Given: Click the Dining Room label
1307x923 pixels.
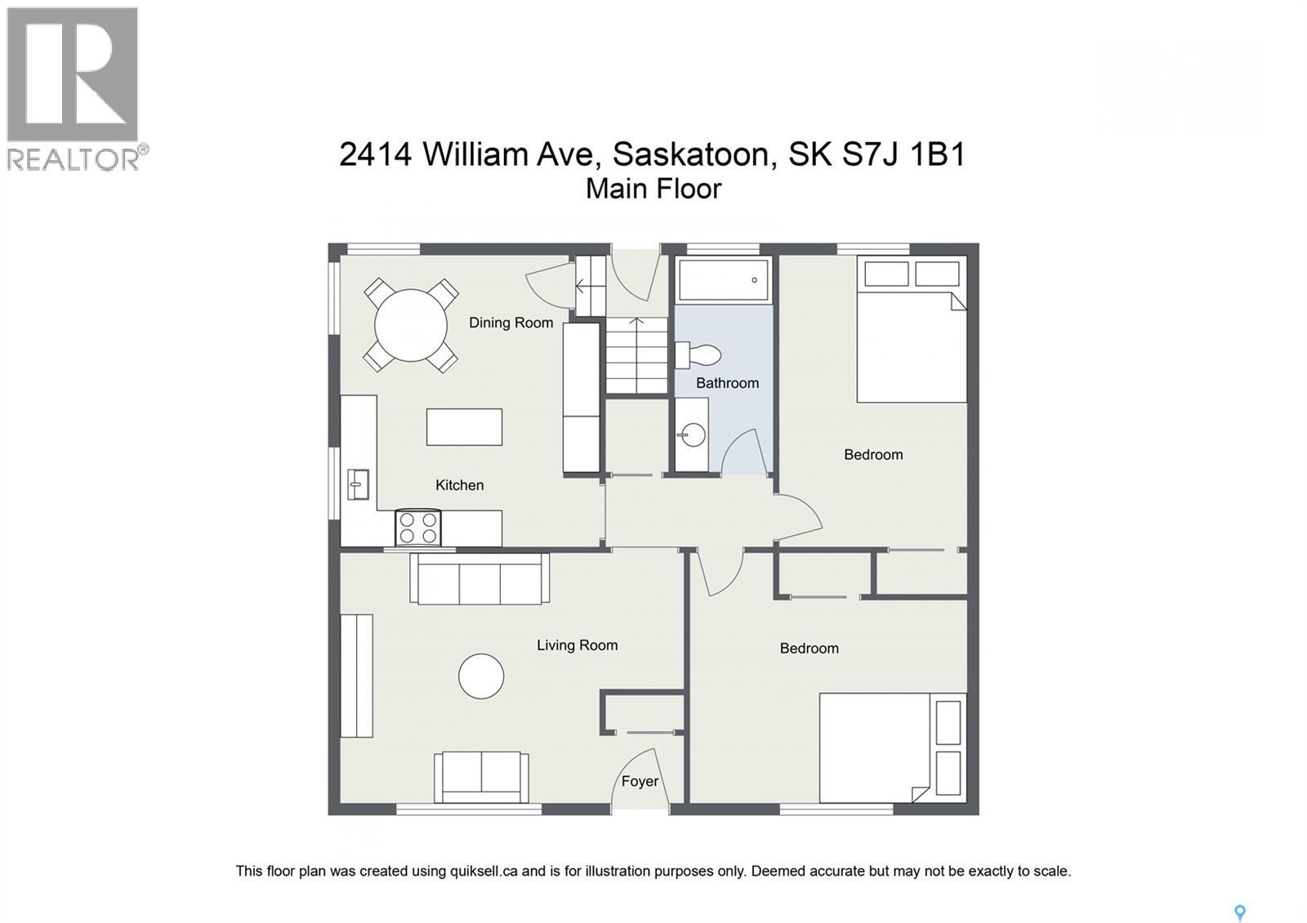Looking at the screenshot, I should [x=511, y=323].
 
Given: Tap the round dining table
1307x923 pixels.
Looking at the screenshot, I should [x=411, y=325].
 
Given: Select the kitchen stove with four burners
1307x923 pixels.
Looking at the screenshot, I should [x=418, y=528].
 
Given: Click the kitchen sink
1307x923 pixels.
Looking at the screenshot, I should [x=358, y=484].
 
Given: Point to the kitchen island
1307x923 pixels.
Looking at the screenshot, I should [x=464, y=426].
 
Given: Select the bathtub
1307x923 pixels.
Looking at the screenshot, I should [x=724, y=280].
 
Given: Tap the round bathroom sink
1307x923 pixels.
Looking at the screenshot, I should [x=693, y=434].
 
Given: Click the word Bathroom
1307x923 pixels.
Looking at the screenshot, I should [x=727, y=383].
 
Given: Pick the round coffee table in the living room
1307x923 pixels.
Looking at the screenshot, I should [x=481, y=676].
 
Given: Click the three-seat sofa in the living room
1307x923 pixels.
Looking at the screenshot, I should [x=480, y=579].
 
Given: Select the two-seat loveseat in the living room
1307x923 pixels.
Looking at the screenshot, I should [x=481, y=777].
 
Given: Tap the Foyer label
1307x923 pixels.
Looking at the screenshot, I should [x=640, y=782].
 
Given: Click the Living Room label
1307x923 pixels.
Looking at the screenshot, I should [x=577, y=645].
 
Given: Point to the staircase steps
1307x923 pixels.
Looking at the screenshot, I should [x=636, y=356].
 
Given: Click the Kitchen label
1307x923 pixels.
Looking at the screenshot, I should [x=459, y=485].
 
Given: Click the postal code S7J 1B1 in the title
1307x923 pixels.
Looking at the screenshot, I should [x=903, y=154].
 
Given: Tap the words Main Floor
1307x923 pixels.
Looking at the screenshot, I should [x=653, y=189].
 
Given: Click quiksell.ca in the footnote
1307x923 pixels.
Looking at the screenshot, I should [x=484, y=872].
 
